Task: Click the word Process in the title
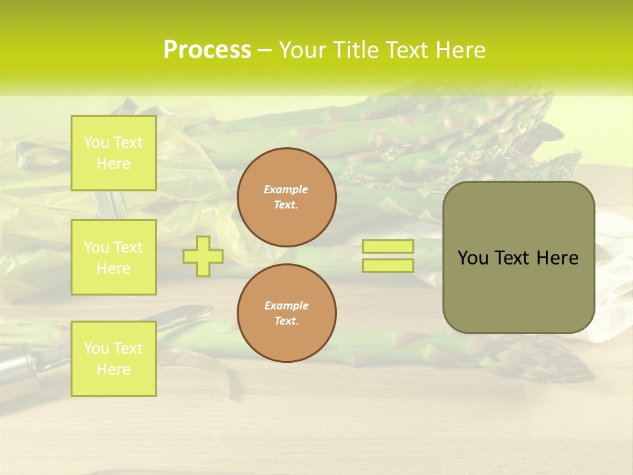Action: tap(207, 50)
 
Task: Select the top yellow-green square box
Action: tap(113, 153)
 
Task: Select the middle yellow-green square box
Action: tap(113, 257)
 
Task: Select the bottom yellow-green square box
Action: tap(113, 359)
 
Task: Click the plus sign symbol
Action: tap(203, 256)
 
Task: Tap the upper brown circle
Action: tap(286, 197)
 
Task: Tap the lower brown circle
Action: tap(286, 313)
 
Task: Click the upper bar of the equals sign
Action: tap(388, 247)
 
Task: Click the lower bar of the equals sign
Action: tap(388, 266)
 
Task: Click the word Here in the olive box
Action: tap(557, 258)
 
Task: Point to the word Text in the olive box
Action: tap(512, 258)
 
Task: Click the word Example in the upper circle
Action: tap(286, 189)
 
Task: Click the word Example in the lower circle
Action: tap(286, 305)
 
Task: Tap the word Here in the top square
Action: tap(113, 164)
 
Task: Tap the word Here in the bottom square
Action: tap(113, 369)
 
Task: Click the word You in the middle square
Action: tap(96, 247)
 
